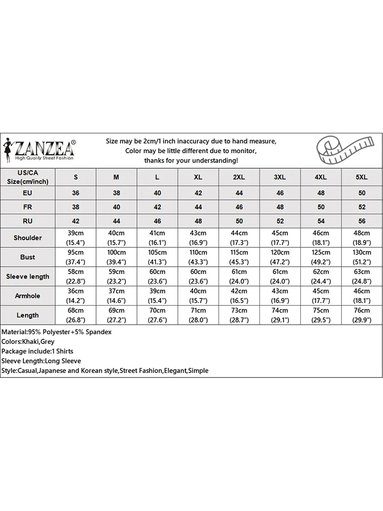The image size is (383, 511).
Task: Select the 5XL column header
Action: pos(362,177)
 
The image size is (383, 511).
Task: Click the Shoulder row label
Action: pos(28,238)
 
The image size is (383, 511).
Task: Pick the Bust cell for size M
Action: pos(116,257)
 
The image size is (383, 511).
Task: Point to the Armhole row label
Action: pos(28,296)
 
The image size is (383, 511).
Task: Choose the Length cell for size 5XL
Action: pos(362,315)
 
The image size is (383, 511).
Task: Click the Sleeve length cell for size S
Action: pos(76,276)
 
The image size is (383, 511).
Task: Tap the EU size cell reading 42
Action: pos(198,193)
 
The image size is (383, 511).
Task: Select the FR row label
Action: pos(28,207)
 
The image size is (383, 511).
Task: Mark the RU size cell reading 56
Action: pos(362,221)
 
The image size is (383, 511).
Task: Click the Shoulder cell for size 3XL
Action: pos(280,238)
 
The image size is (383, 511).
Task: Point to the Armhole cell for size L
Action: pos(157,296)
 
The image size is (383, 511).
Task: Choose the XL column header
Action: pos(198,177)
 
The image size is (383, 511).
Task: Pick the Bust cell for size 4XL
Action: pos(321,257)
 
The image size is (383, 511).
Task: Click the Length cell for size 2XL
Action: pos(239,315)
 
